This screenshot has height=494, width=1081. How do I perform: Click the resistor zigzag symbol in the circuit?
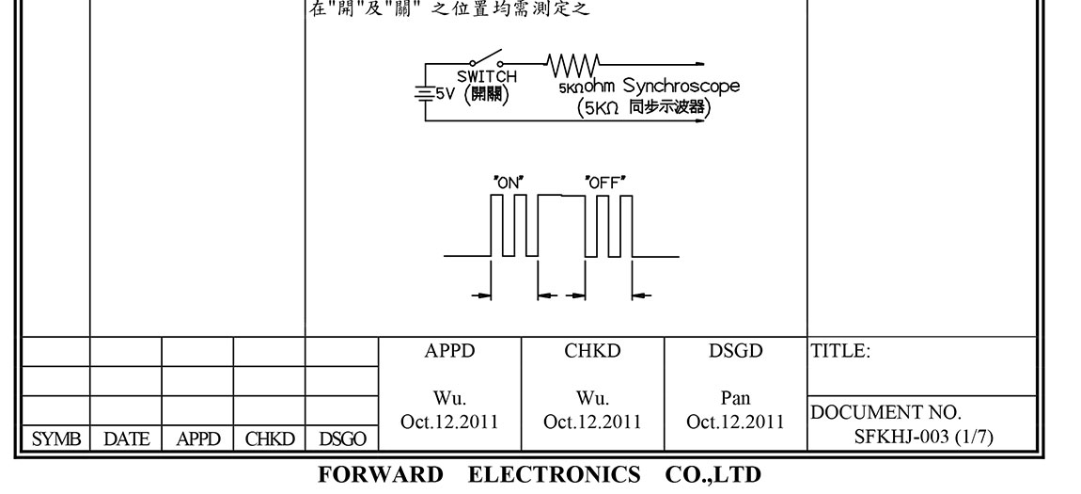572,65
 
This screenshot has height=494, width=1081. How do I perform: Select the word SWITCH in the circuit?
486,77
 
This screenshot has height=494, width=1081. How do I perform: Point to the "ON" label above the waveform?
508,183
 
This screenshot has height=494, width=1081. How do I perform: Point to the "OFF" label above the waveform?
605,183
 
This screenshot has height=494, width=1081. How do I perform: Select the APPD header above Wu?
449,352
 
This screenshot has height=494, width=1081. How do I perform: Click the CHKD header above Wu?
592,352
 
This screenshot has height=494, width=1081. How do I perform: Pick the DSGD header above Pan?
735,352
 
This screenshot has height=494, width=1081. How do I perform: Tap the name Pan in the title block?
735,399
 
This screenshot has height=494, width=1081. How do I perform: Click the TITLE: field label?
840,352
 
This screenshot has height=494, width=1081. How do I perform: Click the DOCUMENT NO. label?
885,413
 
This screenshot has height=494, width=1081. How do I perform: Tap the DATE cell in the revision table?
126,439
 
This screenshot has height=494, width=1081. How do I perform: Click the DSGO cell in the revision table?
342,439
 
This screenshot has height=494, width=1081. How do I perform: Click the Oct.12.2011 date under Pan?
735,422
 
